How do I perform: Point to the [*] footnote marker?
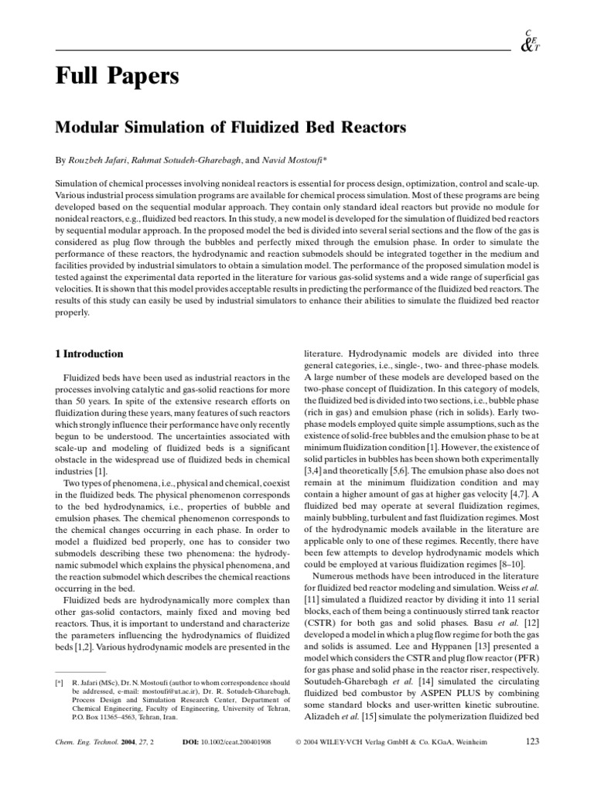click(x=59, y=684)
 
